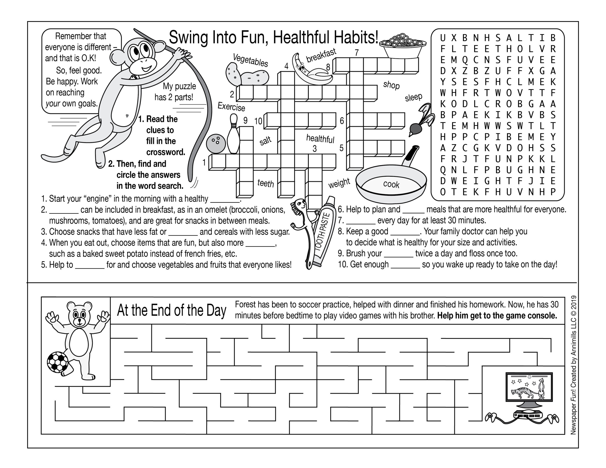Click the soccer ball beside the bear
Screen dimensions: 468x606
[58, 362]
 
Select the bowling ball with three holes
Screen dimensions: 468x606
[216, 143]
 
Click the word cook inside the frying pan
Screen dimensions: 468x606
[391, 184]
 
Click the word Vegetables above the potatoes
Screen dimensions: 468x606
[250, 60]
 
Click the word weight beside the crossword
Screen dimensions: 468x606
[339, 183]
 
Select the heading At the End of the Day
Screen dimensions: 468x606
[171, 311]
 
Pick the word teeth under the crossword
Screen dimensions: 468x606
[266, 183]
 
